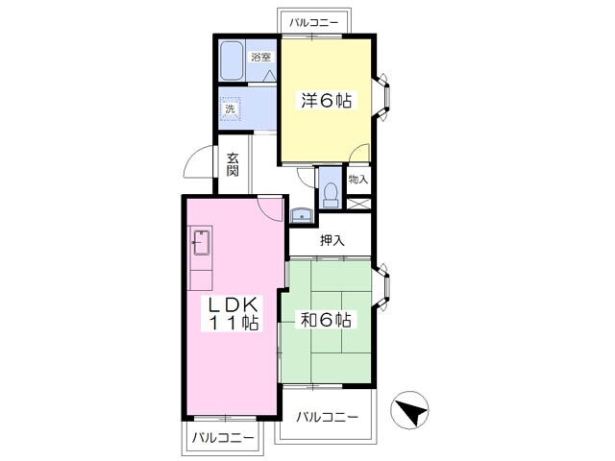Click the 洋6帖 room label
click(x=325, y=101)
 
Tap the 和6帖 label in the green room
click(x=325, y=319)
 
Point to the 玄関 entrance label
click(x=234, y=165)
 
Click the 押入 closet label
click(x=332, y=242)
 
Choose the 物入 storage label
click(x=357, y=180)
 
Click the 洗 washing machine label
click(x=230, y=109)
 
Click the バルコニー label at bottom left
click(x=223, y=438)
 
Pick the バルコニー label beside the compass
click(x=327, y=417)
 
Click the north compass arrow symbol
click(x=411, y=415)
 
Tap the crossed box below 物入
click(x=357, y=205)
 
